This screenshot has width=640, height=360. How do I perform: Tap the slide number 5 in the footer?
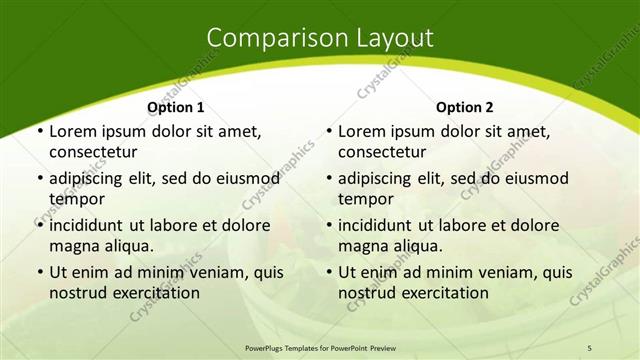coord(590,347)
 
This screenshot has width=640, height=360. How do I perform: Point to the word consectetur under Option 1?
coord(92,153)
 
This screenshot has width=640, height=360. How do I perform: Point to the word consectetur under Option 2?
coord(381,153)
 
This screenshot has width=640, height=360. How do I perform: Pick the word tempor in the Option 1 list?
coord(75,200)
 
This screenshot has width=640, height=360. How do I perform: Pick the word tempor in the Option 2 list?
coord(364,200)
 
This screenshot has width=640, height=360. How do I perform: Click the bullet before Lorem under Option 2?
coord(329,132)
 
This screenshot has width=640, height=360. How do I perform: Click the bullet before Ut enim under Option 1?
coord(39,273)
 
